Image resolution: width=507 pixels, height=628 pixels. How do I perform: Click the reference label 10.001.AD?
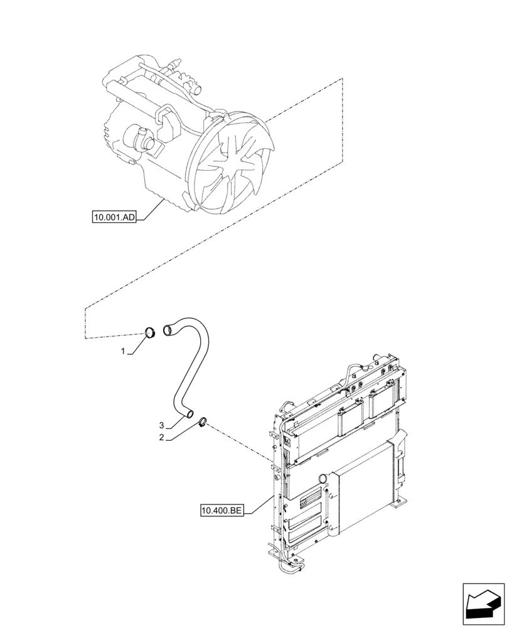(113, 218)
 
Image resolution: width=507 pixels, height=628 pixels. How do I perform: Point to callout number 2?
(162, 437)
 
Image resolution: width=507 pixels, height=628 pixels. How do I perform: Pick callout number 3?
(161, 426)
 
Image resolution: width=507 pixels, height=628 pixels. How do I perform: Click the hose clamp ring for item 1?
(151, 332)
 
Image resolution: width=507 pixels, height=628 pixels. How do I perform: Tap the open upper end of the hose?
(167, 330)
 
